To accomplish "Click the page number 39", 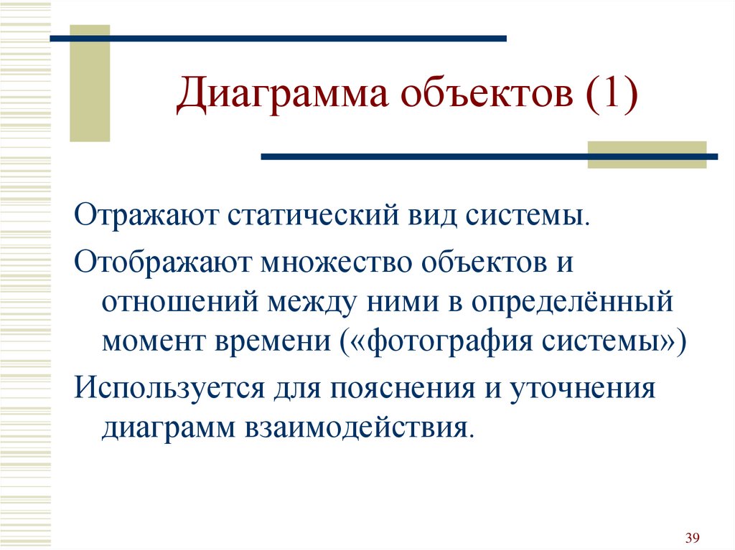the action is click(693, 537).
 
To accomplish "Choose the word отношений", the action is click(180, 302).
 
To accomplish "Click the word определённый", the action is click(572, 302).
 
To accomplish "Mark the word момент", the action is click(154, 341).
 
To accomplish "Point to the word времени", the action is click(273, 341).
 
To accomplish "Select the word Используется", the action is click(169, 389).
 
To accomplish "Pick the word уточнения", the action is click(582, 389).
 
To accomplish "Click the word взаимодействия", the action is click(357, 428).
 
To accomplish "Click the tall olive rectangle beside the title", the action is click(90, 83).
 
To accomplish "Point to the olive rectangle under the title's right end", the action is click(647, 155).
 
